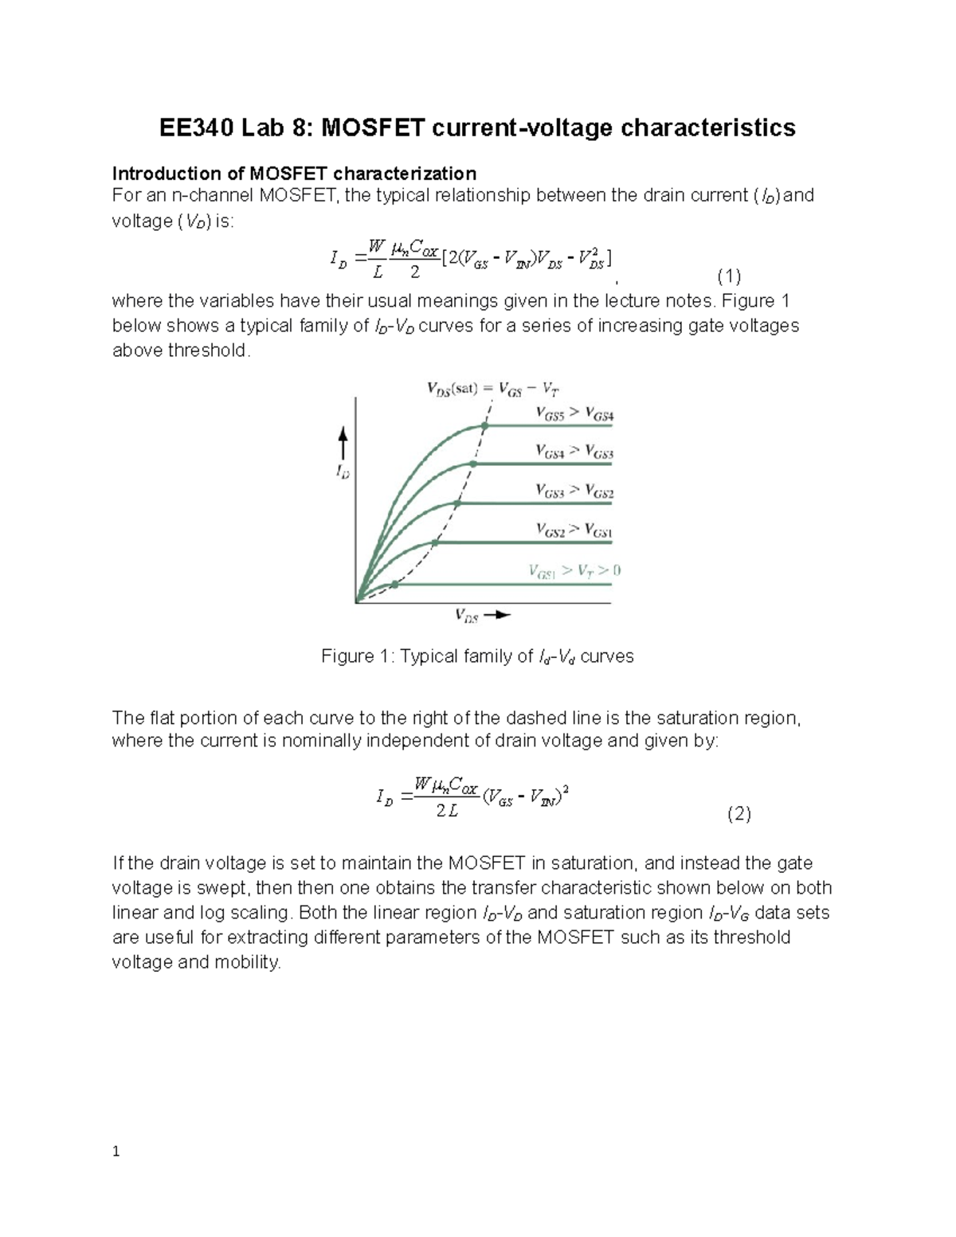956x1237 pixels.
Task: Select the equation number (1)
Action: point(729,276)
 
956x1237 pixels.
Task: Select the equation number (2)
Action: point(739,814)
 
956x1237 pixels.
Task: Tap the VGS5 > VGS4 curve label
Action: point(574,414)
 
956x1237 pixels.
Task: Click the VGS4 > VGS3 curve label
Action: point(574,452)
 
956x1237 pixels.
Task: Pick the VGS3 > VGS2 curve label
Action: point(574,491)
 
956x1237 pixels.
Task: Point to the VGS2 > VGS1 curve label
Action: point(574,530)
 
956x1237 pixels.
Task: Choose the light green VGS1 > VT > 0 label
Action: point(574,570)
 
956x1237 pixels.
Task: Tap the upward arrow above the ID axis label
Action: point(343,443)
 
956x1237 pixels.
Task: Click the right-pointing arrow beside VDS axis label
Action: point(498,615)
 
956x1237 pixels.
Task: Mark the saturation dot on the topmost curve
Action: point(484,426)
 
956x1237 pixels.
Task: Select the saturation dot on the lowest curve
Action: point(394,584)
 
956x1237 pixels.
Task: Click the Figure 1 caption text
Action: point(477,656)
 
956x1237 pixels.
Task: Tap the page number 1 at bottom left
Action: point(116,1152)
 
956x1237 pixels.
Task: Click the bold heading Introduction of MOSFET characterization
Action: point(294,174)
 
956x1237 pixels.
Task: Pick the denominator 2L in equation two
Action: point(447,812)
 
